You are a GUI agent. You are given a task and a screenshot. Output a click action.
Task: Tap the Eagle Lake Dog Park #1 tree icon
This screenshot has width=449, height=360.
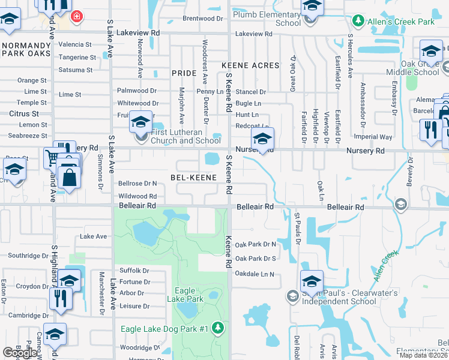coord(218,328)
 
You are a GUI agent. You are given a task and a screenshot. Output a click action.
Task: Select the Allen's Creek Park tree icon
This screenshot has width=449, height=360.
coord(358,22)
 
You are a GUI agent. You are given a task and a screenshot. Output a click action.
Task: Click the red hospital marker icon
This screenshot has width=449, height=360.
coord(76,16)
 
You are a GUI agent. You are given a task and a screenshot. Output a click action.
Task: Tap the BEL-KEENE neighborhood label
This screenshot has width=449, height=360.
coord(193,178)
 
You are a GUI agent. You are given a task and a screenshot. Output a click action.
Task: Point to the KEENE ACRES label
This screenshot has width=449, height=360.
coord(250,65)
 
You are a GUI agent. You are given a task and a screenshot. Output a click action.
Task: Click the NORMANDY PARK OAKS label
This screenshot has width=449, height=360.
coord(26,50)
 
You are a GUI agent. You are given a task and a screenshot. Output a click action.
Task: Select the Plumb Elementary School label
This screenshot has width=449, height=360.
coord(267,19)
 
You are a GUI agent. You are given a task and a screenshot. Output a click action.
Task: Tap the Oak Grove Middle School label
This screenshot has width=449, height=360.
coord(412,67)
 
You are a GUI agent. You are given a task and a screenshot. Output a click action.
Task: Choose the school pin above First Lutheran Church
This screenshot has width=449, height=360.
coord(140,123)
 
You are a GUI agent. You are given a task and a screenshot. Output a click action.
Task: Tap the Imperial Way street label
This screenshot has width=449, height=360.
coord(373,137)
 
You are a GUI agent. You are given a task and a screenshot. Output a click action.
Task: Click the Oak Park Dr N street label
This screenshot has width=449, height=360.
coord(255,244)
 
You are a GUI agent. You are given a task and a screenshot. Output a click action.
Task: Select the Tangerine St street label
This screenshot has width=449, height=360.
coord(77,58)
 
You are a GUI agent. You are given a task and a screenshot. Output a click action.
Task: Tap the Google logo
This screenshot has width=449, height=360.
coord(20,353)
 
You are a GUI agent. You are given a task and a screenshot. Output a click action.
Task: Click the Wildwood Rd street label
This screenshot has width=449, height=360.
coord(137,196)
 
